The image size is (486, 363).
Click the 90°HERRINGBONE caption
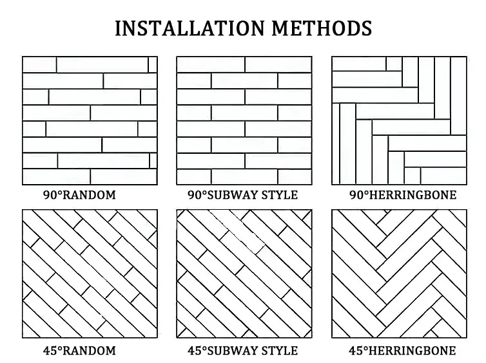coord(402,194)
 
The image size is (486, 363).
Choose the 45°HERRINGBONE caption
coord(402,350)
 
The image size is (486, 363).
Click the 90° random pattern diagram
coord(90,120)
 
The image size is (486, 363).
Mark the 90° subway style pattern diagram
coord(244,120)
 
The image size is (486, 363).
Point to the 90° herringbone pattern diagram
coord(399,120)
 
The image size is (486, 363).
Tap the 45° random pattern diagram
coord(90,274)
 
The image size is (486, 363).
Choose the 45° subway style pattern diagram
coord(244,274)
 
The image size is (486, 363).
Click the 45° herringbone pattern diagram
coord(399,274)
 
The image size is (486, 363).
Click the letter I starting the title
coord(118,28)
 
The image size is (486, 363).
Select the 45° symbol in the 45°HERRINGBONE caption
coord(357,350)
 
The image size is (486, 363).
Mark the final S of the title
coord(365,28)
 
